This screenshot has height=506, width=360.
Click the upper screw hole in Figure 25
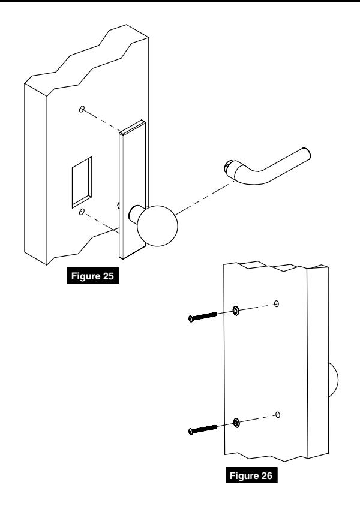tap(82, 109)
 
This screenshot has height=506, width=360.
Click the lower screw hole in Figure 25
tap(82, 212)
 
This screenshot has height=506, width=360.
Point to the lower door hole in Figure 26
tap(277, 414)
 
